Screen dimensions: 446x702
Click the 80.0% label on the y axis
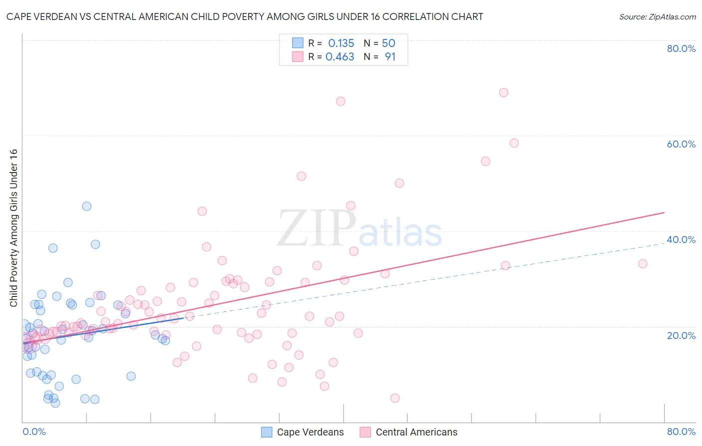coord(681,48)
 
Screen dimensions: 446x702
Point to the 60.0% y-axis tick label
coord(681,144)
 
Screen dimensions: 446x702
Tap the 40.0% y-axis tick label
coord(681,239)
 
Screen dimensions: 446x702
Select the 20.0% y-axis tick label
coord(681,335)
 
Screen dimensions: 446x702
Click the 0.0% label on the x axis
coord(34,431)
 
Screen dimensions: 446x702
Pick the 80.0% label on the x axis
coord(681,431)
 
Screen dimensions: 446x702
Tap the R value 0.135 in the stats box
coord(341,43)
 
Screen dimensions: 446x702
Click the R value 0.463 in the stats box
coord(340,57)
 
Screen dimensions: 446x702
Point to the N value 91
coord(390,57)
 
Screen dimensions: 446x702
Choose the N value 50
coord(388,43)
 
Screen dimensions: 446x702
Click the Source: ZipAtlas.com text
coord(657,17)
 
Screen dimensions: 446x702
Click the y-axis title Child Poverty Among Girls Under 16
coord(13,228)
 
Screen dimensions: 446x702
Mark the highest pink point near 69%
coord(503,92)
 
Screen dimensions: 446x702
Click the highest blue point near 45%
coord(86,206)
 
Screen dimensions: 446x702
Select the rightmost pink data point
coord(643,263)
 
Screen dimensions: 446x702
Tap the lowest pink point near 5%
coord(395,398)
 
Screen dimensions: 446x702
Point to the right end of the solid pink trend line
coord(664,212)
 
